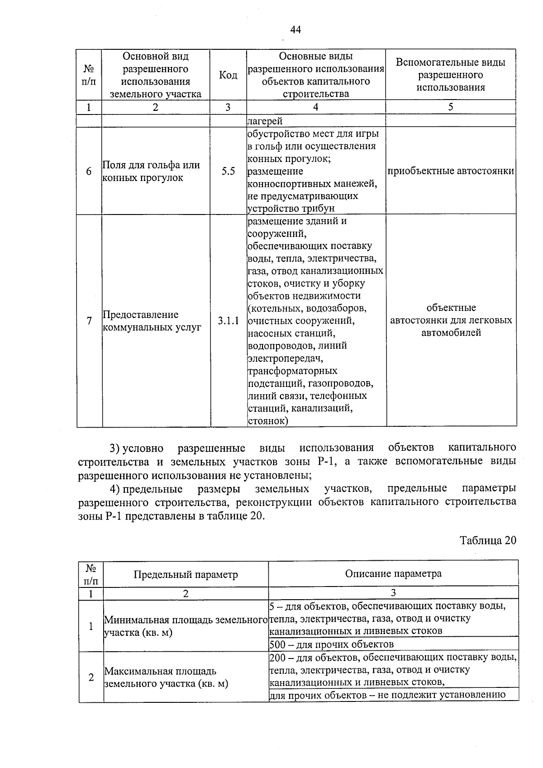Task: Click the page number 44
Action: coord(295,30)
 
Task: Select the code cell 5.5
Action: coord(228,172)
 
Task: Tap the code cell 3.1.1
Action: coord(228,321)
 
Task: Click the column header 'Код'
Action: coord(228,75)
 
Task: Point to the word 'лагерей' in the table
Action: coord(265,121)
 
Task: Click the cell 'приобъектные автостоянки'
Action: coord(451,171)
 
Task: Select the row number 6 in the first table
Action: coord(89,172)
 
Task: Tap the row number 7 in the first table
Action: coord(89,321)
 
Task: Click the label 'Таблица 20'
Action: coord(488,540)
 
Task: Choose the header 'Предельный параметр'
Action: coord(186,574)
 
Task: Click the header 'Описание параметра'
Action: coord(393,573)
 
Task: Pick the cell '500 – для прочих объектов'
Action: coord(332,644)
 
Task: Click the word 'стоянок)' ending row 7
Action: coord(268,421)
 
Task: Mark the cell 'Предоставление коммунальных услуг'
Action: coord(152,321)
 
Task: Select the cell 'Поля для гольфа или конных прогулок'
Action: coord(151,172)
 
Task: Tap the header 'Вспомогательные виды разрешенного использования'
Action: coord(451,75)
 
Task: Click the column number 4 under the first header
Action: coord(315,107)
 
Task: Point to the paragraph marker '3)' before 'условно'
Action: coord(114,448)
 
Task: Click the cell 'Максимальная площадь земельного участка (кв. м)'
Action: coord(166,677)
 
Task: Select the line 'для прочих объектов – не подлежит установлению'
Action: coord(387,695)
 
